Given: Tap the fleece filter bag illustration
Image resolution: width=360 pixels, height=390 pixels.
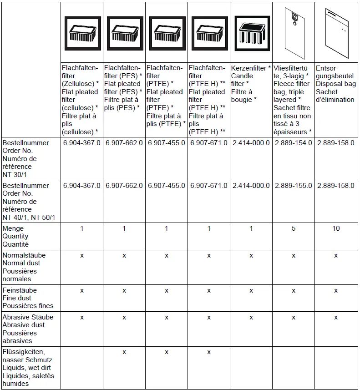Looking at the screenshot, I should tap(294, 33).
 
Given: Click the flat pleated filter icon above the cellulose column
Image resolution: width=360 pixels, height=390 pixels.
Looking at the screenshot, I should tap(82, 33).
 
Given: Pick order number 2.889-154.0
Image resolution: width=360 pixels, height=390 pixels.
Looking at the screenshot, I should tap(294, 142).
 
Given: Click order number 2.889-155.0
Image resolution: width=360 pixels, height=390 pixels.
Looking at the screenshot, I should tap(294, 186).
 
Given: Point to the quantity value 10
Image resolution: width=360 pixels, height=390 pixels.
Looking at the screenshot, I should tap(336, 228).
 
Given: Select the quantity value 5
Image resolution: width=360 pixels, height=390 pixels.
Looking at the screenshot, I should tap(294, 228).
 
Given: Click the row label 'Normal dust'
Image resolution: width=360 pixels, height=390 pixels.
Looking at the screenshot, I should tap(21, 263).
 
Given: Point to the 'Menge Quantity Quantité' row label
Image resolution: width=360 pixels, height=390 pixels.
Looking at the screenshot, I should tap(16, 236).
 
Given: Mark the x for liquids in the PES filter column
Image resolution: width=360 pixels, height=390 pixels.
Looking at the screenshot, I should tap(124, 352).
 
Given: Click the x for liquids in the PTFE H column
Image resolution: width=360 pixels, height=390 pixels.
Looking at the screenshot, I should tap(209, 352).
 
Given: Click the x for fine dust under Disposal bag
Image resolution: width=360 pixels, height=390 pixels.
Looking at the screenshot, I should tap(336, 290).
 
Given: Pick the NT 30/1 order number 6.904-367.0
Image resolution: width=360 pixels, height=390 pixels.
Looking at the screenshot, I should tap(82, 142).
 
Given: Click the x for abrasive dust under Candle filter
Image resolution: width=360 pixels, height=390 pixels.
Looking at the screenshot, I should tap(251, 317).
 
